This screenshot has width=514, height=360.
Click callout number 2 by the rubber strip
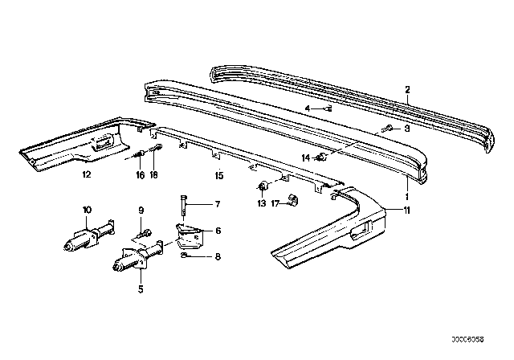point(407,89)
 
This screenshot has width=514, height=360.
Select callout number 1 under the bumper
point(407,196)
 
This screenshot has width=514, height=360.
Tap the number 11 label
point(406,210)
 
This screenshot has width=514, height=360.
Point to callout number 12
point(87,174)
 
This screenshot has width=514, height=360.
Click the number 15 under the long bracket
point(219,176)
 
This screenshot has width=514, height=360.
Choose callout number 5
point(141,289)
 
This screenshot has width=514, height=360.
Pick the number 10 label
point(88,210)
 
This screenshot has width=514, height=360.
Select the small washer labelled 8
point(184,256)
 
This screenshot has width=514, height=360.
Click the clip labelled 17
point(292,200)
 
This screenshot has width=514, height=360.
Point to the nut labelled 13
point(263,186)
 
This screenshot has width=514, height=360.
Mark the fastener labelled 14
point(321,157)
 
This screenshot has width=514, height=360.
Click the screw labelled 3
point(387,129)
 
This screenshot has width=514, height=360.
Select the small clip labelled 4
point(328,108)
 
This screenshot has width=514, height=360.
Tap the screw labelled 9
point(145,234)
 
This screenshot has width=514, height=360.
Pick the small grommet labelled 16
point(140,153)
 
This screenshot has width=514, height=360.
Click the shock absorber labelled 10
point(88,235)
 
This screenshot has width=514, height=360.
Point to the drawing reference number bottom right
point(467,339)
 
